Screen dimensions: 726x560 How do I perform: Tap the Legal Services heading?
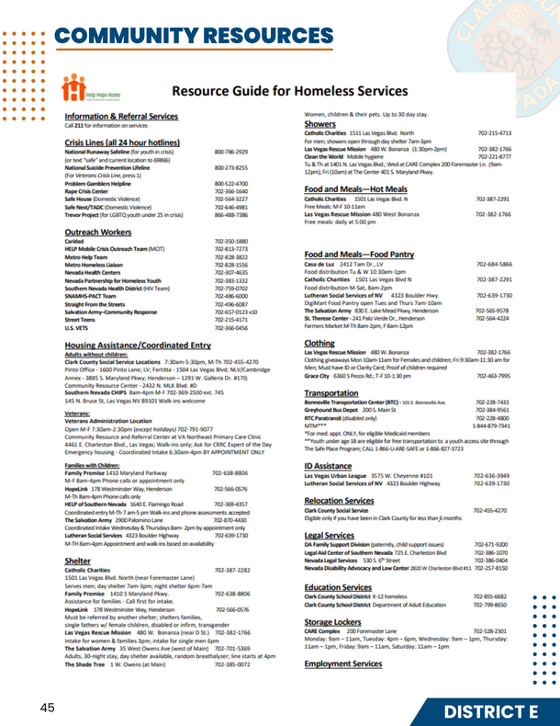click(335, 534)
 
